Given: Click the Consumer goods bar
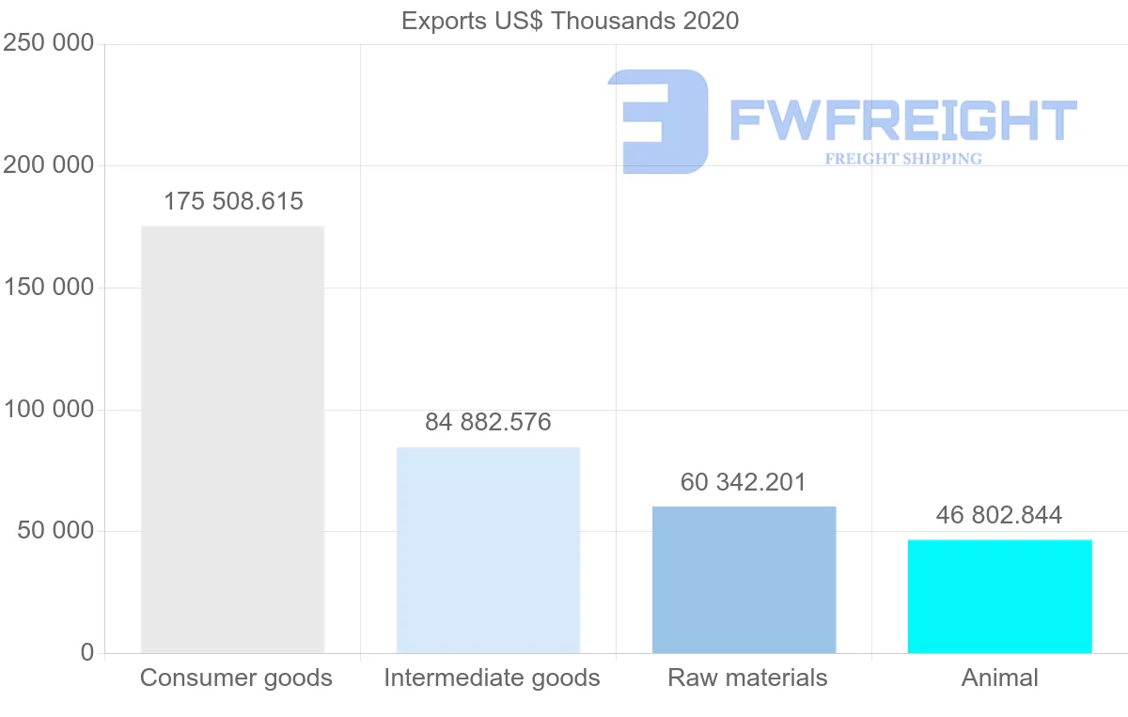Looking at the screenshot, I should pyautogui.click(x=232, y=439).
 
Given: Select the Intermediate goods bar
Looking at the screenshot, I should pyautogui.click(x=488, y=550).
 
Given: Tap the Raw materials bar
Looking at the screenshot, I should pyautogui.click(x=744, y=580).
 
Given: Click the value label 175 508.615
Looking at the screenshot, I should pyautogui.click(x=233, y=202).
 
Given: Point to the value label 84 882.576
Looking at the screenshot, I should pyautogui.click(x=488, y=423).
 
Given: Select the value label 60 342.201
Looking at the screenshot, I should pyautogui.click(x=744, y=483).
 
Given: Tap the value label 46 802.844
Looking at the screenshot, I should pyautogui.click(x=999, y=515).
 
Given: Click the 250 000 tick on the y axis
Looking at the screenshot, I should pyautogui.click(x=48, y=44).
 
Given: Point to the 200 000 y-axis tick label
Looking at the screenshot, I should pyautogui.click(x=48, y=165).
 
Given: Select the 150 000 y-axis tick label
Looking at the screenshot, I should pyautogui.click(x=48, y=288).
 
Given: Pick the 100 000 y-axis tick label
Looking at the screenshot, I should pyautogui.click(x=48, y=410).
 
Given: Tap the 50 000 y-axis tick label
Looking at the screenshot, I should pyautogui.click(x=55, y=531).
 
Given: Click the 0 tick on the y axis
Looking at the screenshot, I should pyautogui.click(x=87, y=653).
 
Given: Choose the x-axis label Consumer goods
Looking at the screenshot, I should pyautogui.click(x=236, y=678).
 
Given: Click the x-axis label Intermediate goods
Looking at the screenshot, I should pyautogui.click(x=492, y=678).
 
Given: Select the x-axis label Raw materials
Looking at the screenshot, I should pyautogui.click(x=747, y=678).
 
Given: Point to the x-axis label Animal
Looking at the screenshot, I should pyautogui.click(x=999, y=678).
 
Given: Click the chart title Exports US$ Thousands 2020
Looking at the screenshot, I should pyautogui.click(x=571, y=21).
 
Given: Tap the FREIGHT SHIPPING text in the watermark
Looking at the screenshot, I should pyautogui.click(x=903, y=159).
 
